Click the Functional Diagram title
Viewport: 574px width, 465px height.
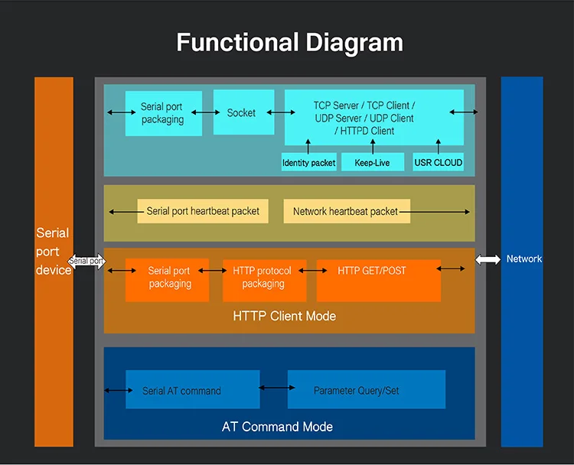289,42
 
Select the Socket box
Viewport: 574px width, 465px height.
242,112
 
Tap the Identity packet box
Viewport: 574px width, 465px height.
308,162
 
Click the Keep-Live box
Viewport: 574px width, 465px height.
373,162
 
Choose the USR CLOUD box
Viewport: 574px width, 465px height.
438,162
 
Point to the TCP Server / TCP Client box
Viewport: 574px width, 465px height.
374,117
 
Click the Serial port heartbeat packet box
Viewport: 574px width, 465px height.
203,211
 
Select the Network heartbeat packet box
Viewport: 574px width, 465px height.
346,211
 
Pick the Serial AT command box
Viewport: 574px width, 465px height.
181,390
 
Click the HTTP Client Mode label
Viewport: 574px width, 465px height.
284,315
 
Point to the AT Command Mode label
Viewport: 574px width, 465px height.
277,426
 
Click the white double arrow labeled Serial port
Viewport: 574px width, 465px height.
87,262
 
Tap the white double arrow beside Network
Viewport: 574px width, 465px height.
488,259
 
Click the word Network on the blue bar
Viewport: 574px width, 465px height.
523,259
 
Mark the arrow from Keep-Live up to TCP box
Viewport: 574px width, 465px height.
373,146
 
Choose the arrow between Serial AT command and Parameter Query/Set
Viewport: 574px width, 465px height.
273,388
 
